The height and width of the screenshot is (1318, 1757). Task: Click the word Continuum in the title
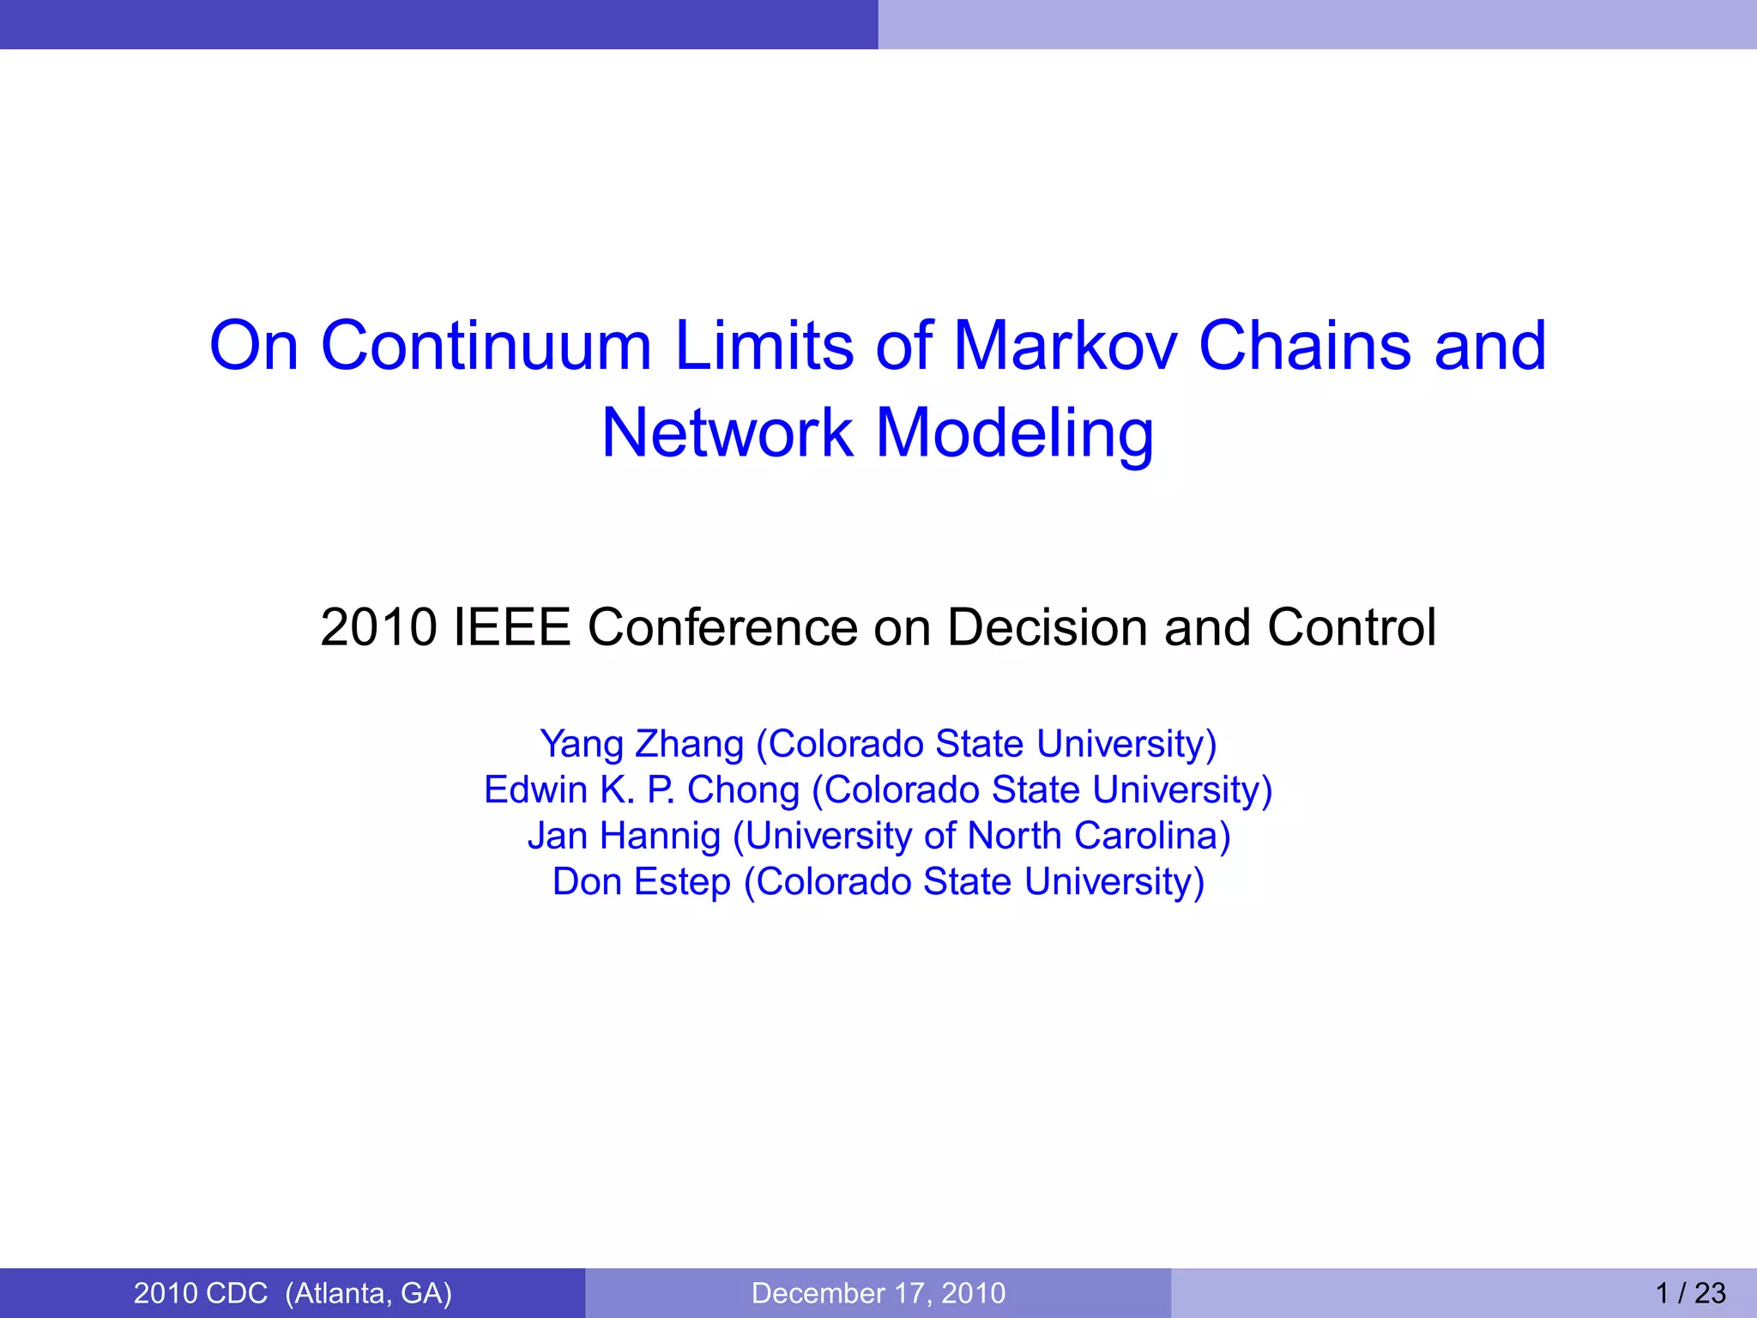point(486,346)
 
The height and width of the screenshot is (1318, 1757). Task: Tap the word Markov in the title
point(1064,346)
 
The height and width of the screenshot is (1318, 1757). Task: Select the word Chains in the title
point(1304,346)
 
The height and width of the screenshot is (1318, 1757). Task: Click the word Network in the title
point(727,432)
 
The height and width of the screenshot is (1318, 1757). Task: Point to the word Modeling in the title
point(1014,434)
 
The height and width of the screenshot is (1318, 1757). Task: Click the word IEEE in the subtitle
point(511,627)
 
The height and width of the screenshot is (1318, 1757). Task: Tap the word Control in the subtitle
point(1351,627)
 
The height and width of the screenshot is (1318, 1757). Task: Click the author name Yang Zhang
point(642,744)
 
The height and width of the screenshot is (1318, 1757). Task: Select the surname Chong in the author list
point(743,790)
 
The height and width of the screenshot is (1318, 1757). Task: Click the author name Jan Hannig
point(624,836)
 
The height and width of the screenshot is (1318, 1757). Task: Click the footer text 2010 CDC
point(201,1293)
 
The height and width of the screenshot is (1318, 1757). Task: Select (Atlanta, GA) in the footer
point(369,1293)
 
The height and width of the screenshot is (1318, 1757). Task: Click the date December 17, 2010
point(878,1293)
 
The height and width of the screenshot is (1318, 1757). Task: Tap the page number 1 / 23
point(1690,1293)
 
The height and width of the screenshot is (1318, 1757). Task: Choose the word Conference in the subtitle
point(722,627)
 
